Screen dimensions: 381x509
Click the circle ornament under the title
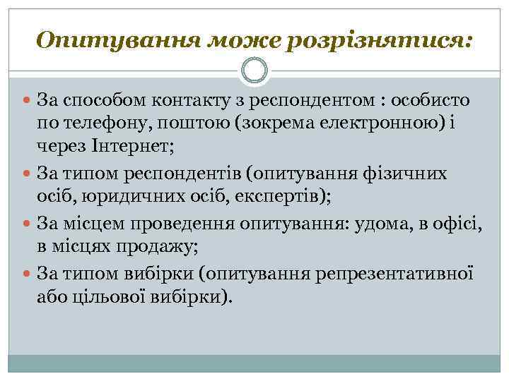pos(255,71)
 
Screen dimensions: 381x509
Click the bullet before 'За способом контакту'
pos(28,101)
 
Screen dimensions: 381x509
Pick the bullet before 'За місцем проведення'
pos(28,224)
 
